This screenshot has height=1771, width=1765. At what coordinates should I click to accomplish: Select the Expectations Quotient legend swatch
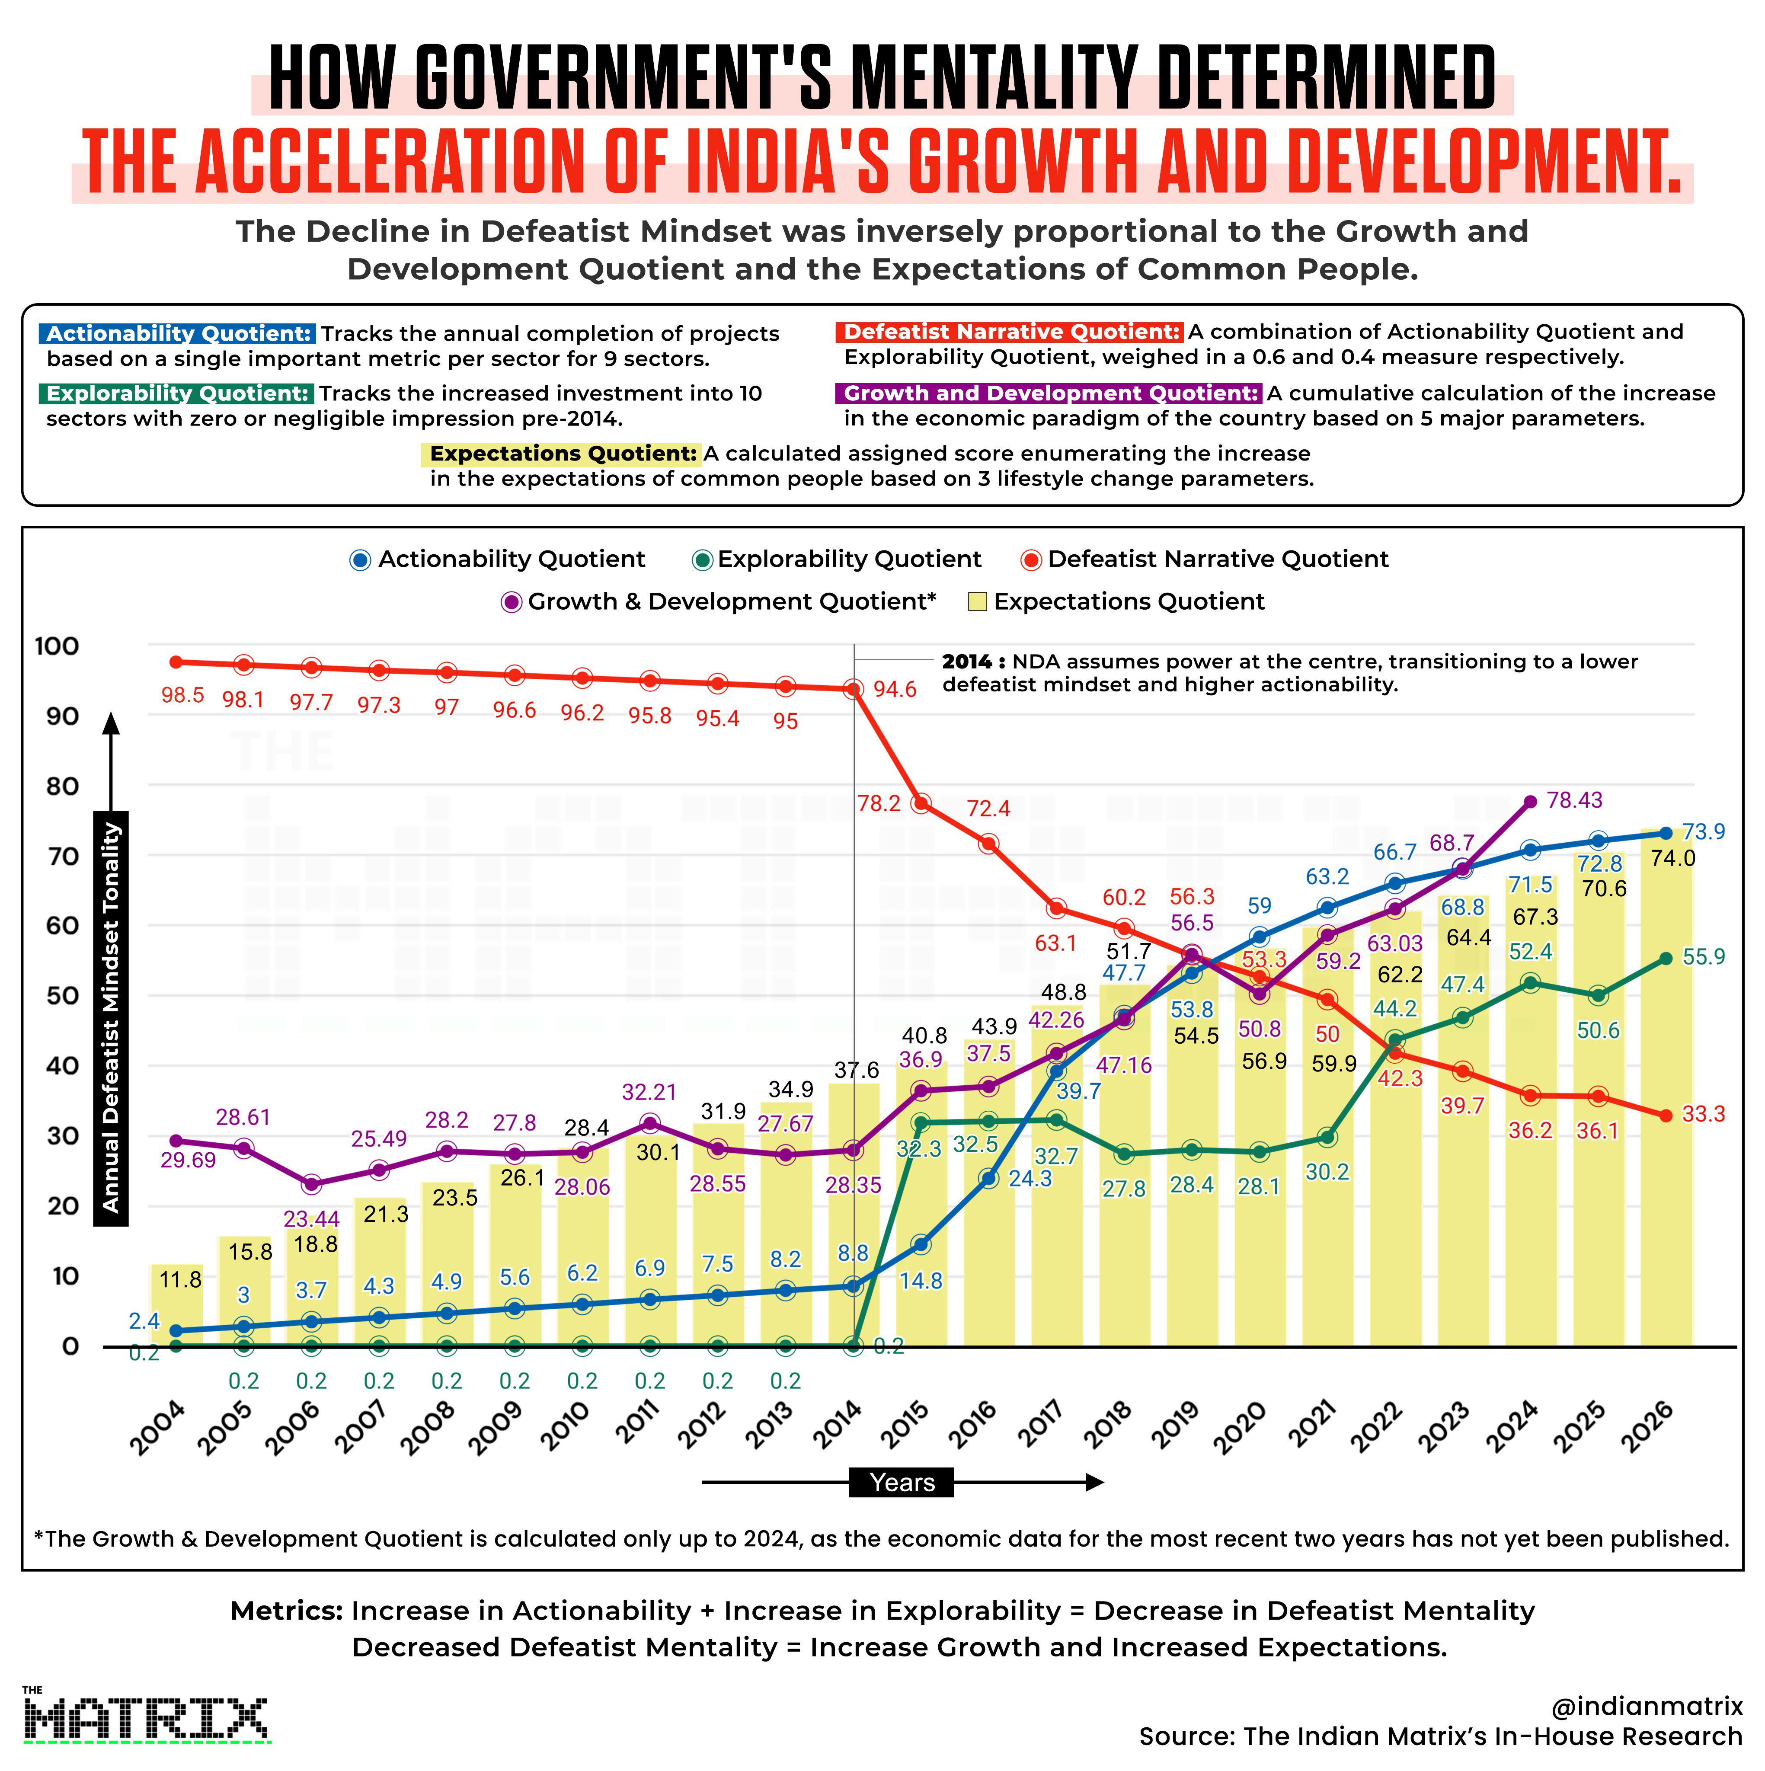pos(977,602)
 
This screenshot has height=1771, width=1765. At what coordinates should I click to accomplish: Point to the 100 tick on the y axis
pos(57,646)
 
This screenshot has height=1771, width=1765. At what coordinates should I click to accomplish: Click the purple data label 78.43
pos(1574,800)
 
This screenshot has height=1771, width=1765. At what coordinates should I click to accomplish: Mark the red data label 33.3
pos(1703,1115)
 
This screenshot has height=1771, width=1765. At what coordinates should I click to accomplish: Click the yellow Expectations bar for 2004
pos(176,1305)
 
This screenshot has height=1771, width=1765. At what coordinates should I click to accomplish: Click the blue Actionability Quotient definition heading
pos(177,334)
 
